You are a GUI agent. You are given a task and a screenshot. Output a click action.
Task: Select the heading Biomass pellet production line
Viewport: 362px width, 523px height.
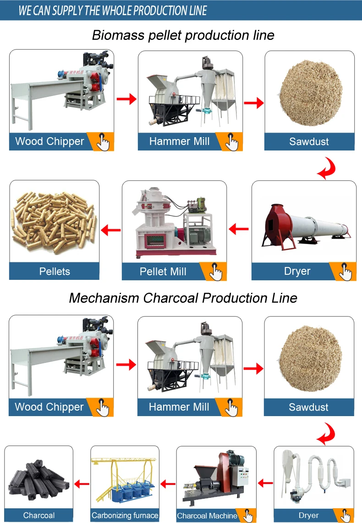[x=183, y=35]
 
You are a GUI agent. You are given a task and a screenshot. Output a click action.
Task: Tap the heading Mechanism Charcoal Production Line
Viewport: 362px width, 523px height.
[x=183, y=298]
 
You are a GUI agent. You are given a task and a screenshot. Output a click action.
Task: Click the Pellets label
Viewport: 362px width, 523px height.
[x=55, y=271]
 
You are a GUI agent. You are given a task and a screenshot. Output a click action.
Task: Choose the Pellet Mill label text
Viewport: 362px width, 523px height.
[x=163, y=271]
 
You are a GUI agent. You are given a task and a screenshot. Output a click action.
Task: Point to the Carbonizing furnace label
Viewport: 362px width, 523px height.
[x=125, y=515]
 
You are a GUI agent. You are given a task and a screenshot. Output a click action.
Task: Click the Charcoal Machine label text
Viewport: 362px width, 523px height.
[x=207, y=516]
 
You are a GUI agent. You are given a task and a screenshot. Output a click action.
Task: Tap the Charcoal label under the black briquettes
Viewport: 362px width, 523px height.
[x=39, y=515]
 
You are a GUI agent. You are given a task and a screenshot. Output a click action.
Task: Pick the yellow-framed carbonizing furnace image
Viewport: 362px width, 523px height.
[x=125, y=479]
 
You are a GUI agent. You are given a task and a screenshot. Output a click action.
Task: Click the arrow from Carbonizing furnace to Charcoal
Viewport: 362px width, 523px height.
[x=82, y=483]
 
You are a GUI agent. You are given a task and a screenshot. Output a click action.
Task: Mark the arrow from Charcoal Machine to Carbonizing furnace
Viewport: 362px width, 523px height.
[x=168, y=483]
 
